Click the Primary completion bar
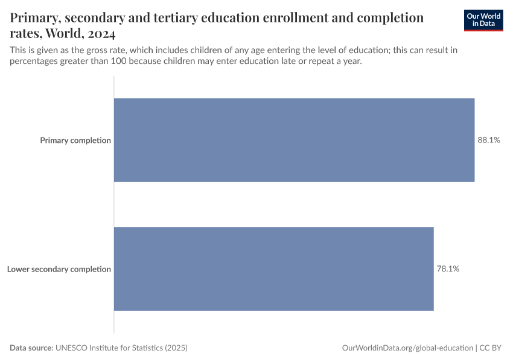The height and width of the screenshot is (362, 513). pyautogui.click(x=294, y=140)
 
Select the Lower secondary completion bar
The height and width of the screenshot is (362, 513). pyautogui.click(x=273, y=269)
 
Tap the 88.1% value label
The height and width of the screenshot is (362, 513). pyautogui.click(x=489, y=140)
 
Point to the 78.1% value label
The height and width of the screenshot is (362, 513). pyautogui.click(x=448, y=269)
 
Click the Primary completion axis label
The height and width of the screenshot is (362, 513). pyautogui.click(x=75, y=141)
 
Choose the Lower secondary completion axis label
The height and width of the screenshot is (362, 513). pyautogui.click(x=59, y=269)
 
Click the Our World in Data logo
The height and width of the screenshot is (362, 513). pyautogui.click(x=483, y=20)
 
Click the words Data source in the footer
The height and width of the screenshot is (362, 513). pyautogui.click(x=31, y=348)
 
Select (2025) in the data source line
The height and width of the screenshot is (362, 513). pyautogui.click(x=176, y=348)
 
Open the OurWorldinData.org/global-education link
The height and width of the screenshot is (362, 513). pyautogui.click(x=407, y=348)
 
